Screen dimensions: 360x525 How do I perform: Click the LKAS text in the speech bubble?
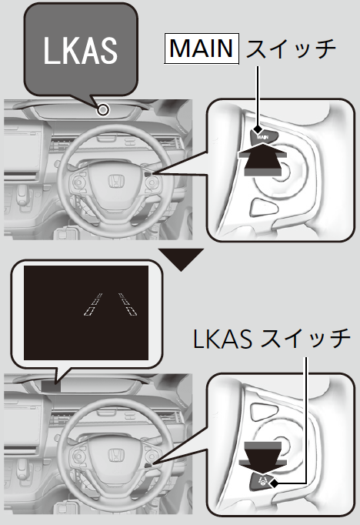tap(80, 50)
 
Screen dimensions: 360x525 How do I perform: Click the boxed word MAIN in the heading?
tap(202, 48)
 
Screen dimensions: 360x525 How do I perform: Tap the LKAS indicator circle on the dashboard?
tap(103, 109)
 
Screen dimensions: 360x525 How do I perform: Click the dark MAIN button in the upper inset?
tap(265, 136)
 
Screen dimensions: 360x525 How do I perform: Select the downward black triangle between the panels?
tap(181, 259)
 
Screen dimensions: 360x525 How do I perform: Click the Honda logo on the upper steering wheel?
tap(115, 181)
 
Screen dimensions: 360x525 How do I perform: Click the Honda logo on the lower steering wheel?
tap(115, 456)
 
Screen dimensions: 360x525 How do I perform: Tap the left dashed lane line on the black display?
tap(93, 304)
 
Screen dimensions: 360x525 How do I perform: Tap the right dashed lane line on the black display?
tap(128, 304)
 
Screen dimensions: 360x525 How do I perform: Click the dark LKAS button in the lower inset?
tap(263, 482)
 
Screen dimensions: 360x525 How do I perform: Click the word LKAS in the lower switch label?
tap(222, 339)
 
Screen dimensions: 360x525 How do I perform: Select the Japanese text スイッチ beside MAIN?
tap(291, 49)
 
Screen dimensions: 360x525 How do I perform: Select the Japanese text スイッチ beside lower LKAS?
tap(305, 339)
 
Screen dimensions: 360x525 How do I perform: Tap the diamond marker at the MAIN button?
tap(258, 129)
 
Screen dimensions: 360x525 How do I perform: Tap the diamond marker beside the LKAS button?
tap(275, 483)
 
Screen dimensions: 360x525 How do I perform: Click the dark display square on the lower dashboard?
tap(52, 386)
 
